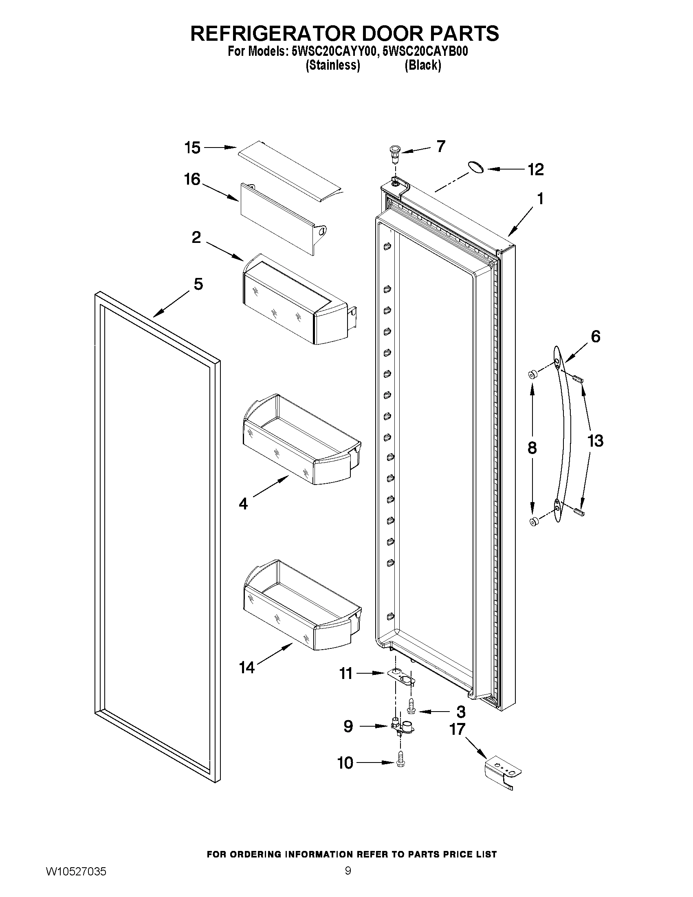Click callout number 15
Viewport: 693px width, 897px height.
192,148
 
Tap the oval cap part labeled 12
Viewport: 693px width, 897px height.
475,167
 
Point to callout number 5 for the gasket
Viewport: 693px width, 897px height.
198,284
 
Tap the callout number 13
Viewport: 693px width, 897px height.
595,441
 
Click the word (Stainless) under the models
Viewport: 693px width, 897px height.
332,65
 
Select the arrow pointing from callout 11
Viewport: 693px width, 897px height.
370,673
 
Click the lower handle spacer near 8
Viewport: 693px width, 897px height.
534,522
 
